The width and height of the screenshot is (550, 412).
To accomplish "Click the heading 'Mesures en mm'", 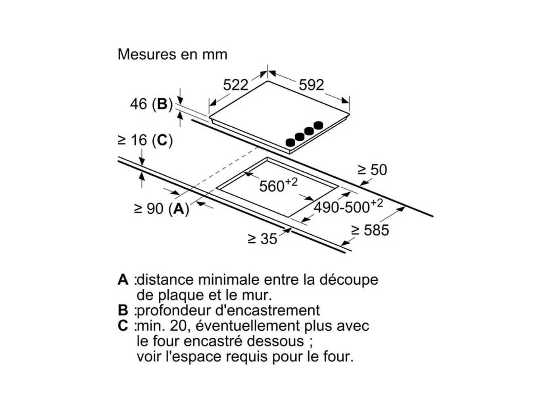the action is tap(172, 54).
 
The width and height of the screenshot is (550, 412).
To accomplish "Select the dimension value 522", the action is tap(235, 84).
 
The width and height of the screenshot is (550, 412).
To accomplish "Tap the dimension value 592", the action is tap(311, 84).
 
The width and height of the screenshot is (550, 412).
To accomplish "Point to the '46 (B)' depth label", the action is tap(151, 104).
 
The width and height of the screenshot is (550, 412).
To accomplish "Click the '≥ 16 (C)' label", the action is tap(145, 140).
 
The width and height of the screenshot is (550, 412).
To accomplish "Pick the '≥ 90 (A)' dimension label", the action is tap(161, 208).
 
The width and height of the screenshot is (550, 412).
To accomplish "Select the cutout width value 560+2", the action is tap(278, 185).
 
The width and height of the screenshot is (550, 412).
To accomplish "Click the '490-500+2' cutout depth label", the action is tap(348, 206).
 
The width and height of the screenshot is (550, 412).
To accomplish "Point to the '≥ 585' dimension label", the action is tap(370, 230).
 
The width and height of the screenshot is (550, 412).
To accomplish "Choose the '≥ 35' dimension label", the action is tap(262, 239).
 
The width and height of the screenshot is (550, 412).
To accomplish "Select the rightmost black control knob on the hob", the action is tap(318, 125).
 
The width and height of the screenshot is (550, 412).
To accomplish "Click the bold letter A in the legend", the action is tap(123, 280).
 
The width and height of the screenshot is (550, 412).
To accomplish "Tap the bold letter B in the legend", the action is tap(123, 310).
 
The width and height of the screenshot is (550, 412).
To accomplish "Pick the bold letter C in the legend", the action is tap(123, 326).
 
